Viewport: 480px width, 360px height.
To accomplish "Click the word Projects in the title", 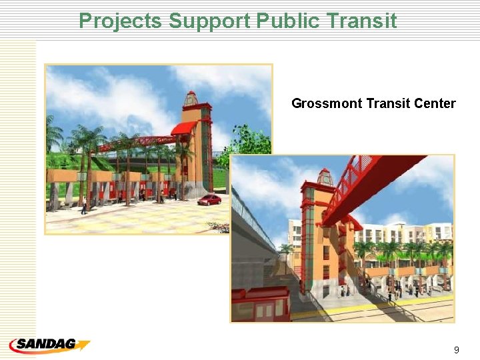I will (x=121, y=21).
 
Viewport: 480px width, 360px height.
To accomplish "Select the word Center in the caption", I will (x=434, y=103).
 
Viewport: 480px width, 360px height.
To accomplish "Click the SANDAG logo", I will (x=49, y=345).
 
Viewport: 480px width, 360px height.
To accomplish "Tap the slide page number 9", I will (x=456, y=349).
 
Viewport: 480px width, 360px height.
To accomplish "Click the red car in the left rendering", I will (x=210, y=199).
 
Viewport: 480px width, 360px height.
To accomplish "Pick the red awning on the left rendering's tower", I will (x=183, y=127).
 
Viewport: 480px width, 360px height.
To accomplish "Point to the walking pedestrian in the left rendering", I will (x=83, y=207).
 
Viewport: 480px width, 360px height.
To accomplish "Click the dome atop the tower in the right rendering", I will (x=325, y=177).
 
